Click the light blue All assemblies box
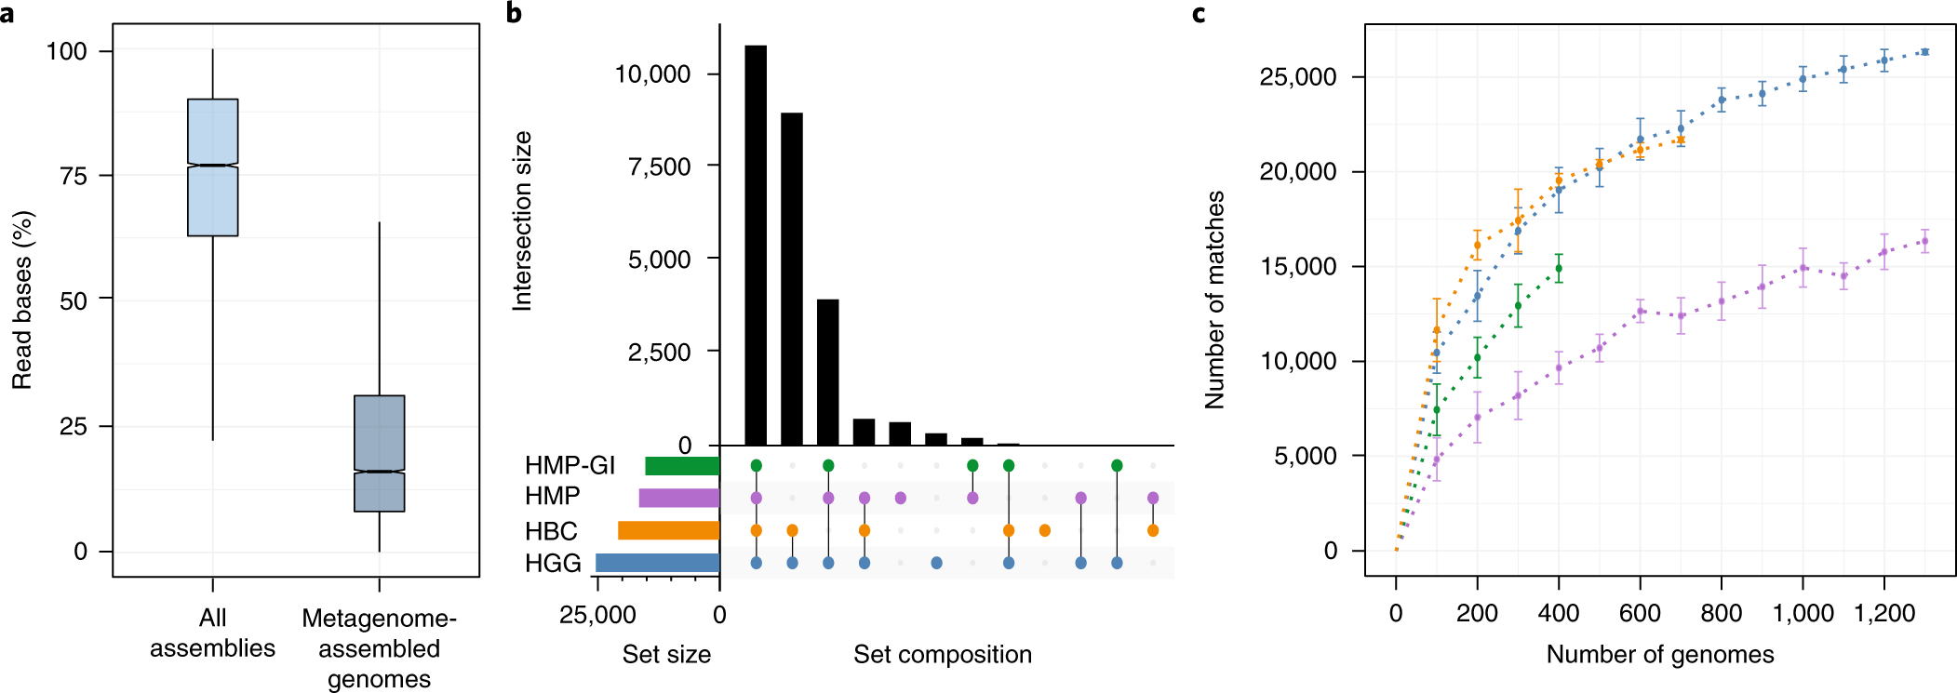pyautogui.click(x=212, y=167)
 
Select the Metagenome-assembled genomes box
pyautogui.click(x=379, y=453)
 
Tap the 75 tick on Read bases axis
pyautogui.click(x=74, y=176)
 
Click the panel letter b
pyautogui.click(x=514, y=13)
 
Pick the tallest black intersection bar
pyautogui.click(x=756, y=246)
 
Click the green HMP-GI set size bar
pyautogui.click(x=682, y=465)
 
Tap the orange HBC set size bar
pyautogui.click(x=668, y=530)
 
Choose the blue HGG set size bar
pyautogui.click(x=657, y=563)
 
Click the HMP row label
pyautogui.click(x=552, y=497)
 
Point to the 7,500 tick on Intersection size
pyautogui.click(x=659, y=167)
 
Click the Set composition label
pyautogui.click(x=942, y=654)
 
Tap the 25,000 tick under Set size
pyautogui.click(x=597, y=615)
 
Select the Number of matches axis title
pyautogui.click(x=1215, y=300)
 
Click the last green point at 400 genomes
pyautogui.click(x=1559, y=269)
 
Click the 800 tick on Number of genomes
pyautogui.click(x=1721, y=613)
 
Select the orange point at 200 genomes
pyautogui.click(x=1477, y=246)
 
